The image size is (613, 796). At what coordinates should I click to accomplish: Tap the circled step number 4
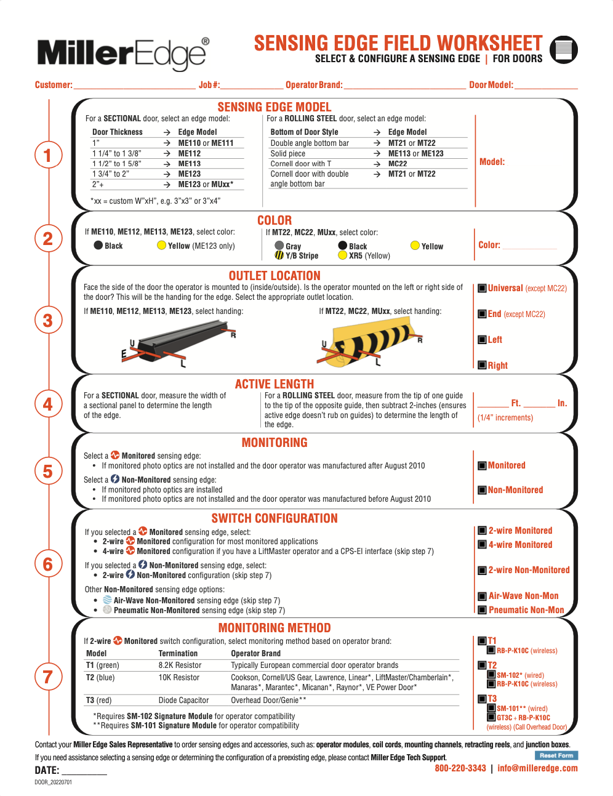tap(49, 404)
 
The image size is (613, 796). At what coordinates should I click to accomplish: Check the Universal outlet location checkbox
tap(482, 288)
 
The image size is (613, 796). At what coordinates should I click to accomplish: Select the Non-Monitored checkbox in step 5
tap(482, 490)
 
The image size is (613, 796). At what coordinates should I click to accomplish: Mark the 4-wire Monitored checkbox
tap(483, 545)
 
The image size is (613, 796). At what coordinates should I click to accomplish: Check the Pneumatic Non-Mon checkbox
tap(483, 610)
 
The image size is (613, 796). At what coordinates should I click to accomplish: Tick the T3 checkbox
tap(483, 699)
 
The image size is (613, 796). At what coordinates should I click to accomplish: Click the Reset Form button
tap(556, 755)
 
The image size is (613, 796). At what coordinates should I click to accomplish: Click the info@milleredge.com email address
tap(537, 768)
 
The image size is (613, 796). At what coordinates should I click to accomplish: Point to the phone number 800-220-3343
tap(460, 768)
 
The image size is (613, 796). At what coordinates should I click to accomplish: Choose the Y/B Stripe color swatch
tap(279, 255)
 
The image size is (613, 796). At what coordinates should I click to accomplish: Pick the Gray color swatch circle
tap(279, 246)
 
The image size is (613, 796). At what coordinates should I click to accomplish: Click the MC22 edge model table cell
tap(398, 164)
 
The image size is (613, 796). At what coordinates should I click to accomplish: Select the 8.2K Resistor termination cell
tap(180, 665)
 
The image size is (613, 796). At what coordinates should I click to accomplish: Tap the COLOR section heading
tap(274, 220)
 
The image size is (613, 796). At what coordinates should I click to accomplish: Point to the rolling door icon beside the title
tap(564, 50)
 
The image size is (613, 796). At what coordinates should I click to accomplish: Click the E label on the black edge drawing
tap(124, 354)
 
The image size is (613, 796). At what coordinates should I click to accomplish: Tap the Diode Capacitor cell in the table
tap(183, 701)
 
